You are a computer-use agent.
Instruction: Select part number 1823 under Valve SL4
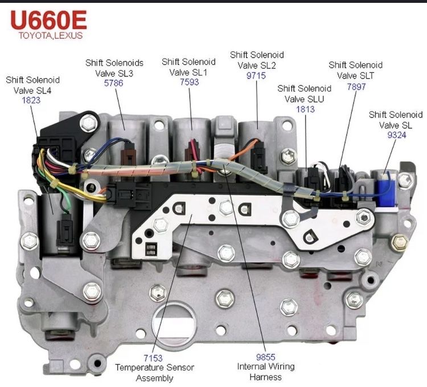(31, 100)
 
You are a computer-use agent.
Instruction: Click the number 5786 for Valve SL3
(114, 83)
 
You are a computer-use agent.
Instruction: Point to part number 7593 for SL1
(188, 82)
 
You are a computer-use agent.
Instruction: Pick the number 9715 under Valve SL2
(256, 75)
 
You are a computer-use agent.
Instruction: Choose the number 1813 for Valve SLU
(305, 108)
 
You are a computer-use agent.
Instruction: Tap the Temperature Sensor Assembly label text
(154, 373)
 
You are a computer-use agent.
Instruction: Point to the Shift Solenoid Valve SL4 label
(32, 84)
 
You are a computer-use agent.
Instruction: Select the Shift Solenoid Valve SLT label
(355, 70)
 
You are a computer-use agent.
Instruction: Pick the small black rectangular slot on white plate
(151, 249)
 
